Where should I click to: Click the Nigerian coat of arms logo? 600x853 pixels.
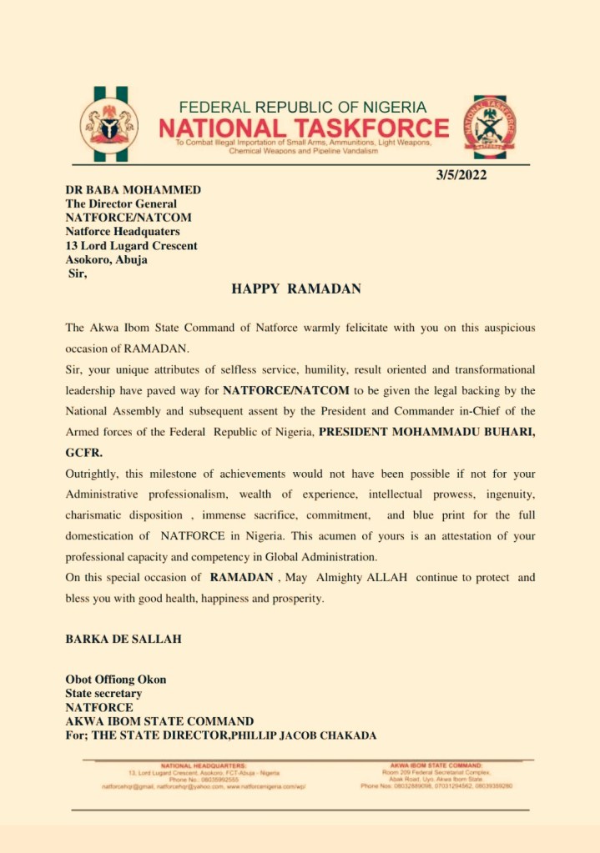coord(109,125)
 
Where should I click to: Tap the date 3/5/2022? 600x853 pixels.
coord(461,175)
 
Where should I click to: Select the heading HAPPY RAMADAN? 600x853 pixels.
coord(296,289)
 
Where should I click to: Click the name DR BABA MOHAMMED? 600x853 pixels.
coord(134,190)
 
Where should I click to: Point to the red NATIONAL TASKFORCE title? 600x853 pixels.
coord(304,128)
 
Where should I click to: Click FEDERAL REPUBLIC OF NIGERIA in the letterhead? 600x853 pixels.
coord(303,108)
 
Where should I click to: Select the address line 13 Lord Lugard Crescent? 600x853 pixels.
coord(132,246)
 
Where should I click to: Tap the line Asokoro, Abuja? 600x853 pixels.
coord(107,259)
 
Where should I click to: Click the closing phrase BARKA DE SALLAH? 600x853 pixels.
coord(124,640)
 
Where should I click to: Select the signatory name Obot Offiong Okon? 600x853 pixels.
coord(116,680)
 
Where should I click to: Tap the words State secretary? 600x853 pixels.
coord(103,694)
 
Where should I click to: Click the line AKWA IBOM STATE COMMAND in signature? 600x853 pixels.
coord(159,721)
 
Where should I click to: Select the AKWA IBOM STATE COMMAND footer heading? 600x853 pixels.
coord(436,765)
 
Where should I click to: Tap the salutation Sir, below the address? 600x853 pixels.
coord(78,273)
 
